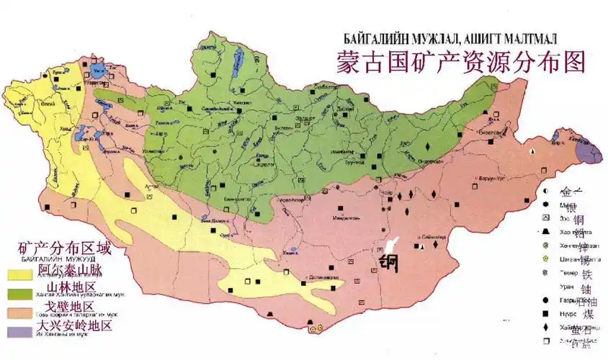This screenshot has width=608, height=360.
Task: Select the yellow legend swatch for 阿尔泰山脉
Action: (x=22, y=274)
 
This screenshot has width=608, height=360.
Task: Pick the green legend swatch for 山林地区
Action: (x=22, y=292)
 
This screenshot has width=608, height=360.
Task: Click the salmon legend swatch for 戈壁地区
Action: (x=22, y=312)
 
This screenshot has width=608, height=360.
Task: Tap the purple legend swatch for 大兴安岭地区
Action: (x=22, y=330)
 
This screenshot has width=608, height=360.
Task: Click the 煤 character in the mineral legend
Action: (x=589, y=315)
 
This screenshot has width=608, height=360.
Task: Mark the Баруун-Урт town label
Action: (x=489, y=179)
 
